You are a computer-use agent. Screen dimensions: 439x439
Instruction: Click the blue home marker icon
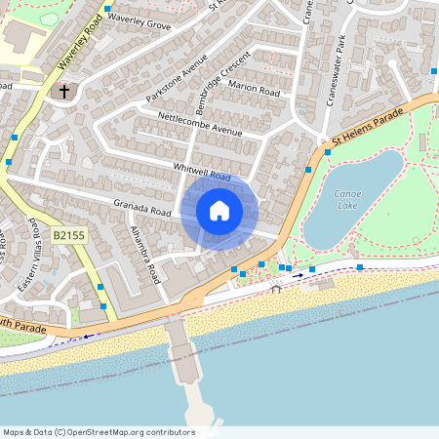[x=219, y=211]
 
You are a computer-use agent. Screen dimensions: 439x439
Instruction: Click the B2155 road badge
[x=69, y=236]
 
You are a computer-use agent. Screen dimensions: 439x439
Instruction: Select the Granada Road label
[x=142, y=208]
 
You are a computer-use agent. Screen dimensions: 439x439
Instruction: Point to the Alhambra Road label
[x=144, y=256]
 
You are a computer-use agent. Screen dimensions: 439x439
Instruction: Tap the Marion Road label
[x=254, y=89]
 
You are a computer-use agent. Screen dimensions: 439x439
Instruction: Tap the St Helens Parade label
[x=368, y=126]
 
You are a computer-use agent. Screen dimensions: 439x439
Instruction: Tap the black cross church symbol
[x=64, y=92]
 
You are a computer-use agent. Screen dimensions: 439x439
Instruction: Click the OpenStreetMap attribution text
[x=98, y=432]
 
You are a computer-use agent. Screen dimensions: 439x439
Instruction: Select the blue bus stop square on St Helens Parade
[x=309, y=170]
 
